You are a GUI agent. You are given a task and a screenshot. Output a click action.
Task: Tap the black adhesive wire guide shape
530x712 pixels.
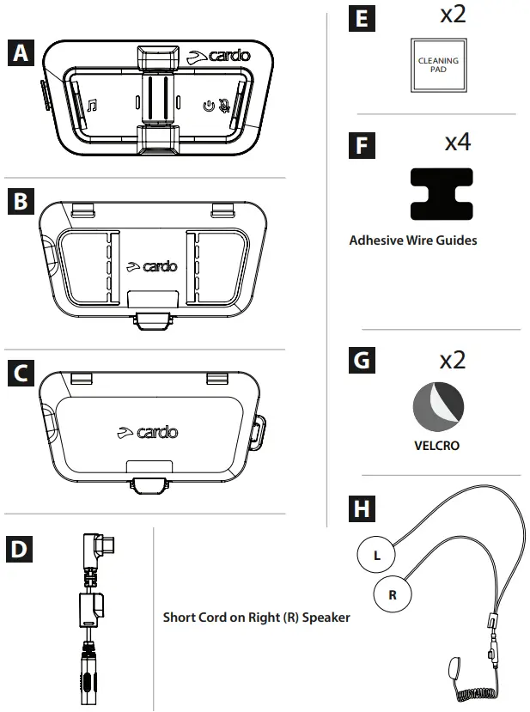(442, 196)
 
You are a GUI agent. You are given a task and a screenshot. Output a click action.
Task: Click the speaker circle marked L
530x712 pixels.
(376, 555)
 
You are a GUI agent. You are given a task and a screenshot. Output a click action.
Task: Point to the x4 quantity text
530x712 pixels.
(457, 142)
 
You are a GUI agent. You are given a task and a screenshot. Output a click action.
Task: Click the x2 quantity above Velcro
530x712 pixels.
(448, 359)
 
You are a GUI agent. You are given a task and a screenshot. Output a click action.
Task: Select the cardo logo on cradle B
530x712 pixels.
(151, 265)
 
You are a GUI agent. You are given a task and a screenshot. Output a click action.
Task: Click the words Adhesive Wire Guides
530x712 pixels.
(413, 240)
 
